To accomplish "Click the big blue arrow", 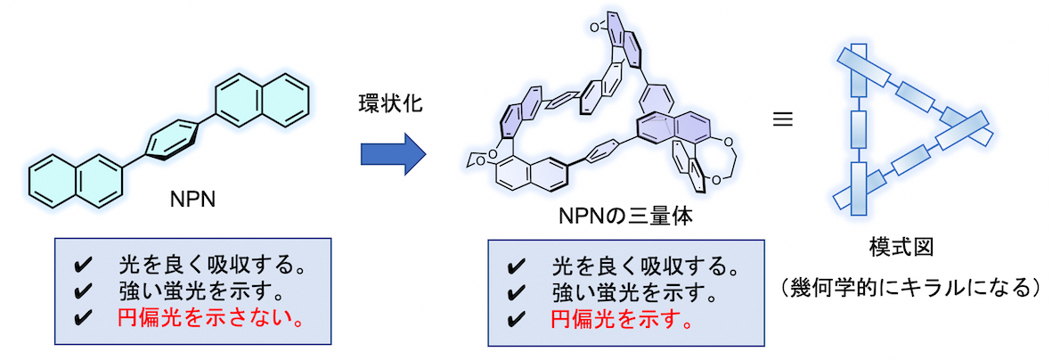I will pyautogui.click(x=393, y=152).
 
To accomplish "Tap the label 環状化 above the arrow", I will pyautogui.click(x=392, y=104).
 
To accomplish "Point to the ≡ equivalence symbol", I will pyautogui.click(x=782, y=117).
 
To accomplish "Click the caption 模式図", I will pyautogui.click(x=908, y=246).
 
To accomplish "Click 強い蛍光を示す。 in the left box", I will pyautogui.click(x=201, y=292).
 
